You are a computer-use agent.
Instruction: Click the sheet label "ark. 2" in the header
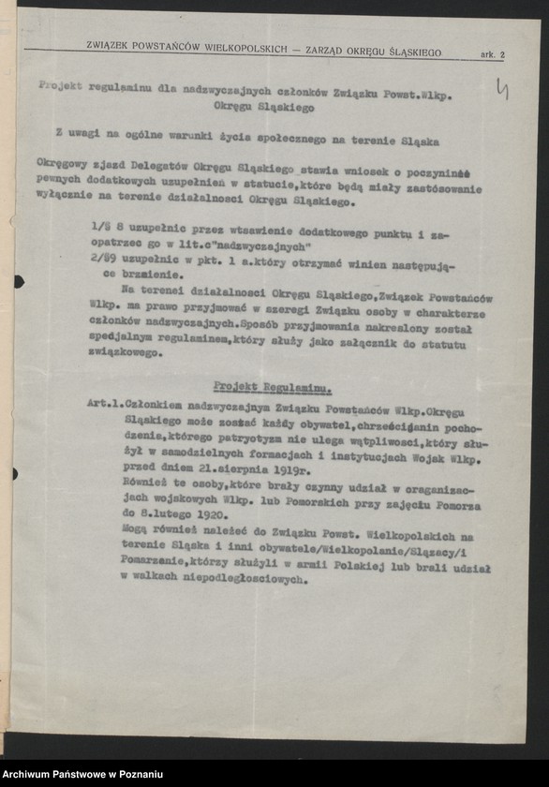click(492, 55)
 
